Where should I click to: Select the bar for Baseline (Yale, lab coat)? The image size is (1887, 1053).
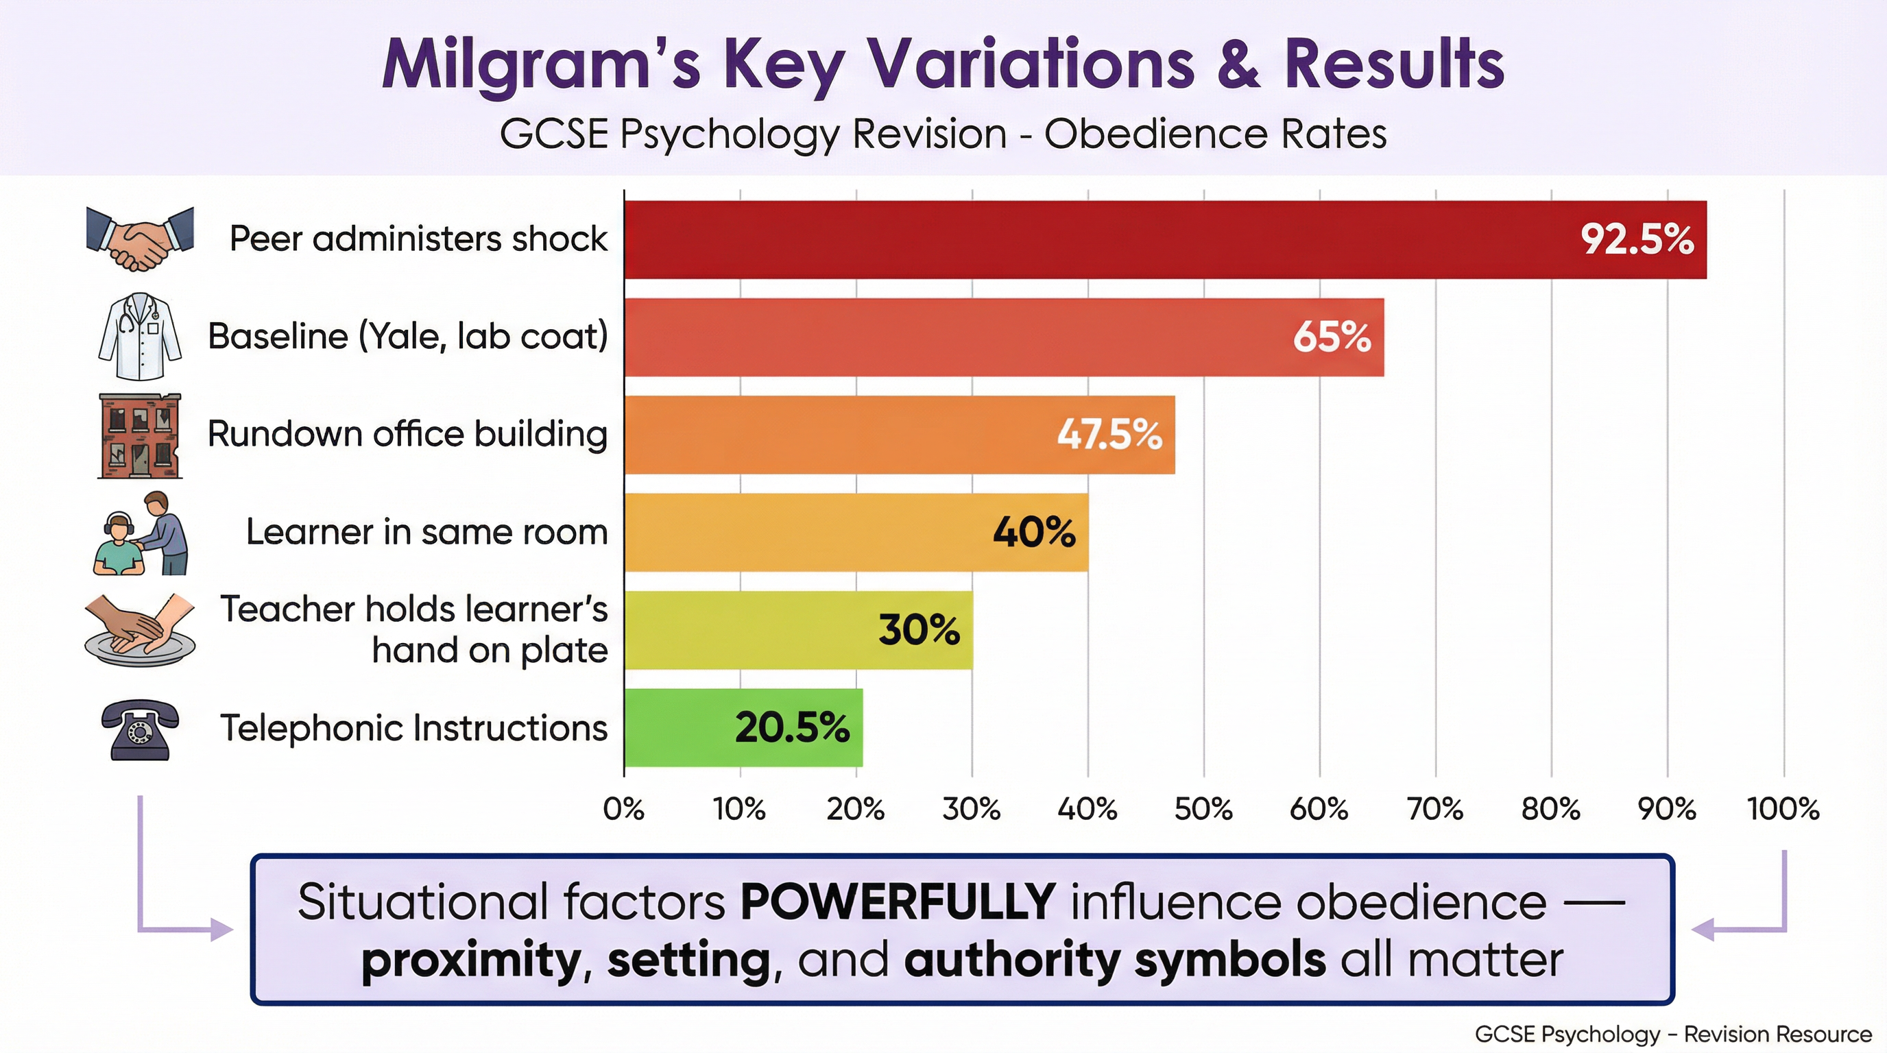click(1004, 337)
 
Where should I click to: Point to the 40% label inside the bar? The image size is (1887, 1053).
click(1033, 533)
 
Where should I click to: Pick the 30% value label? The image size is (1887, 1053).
click(919, 630)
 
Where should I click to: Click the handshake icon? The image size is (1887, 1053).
click(140, 239)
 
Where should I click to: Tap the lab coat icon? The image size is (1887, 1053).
click(140, 336)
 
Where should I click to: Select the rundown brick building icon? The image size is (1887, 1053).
click(140, 436)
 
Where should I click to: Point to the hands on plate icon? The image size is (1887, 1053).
click(140, 630)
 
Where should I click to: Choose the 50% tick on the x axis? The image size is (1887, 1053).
click(1203, 809)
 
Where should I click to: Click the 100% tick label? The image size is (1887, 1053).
click(1783, 809)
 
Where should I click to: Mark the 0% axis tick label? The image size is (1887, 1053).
click(624, 809)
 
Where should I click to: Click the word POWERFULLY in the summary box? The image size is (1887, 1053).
click(898, 901)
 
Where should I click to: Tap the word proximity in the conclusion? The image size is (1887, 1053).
click(471, 960)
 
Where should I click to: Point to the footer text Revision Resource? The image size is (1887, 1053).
click(1778, 1034)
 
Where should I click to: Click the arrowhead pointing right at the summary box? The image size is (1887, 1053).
click(221, 930)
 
